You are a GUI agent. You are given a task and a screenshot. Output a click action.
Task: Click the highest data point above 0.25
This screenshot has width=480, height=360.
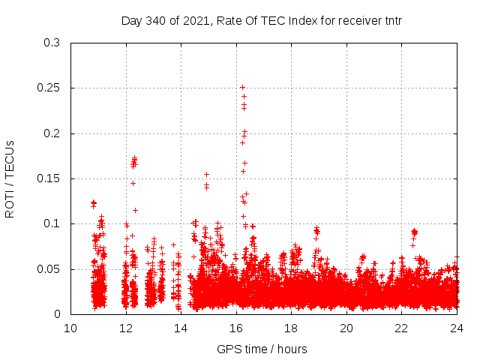pyautogui.click(x=242, y=87)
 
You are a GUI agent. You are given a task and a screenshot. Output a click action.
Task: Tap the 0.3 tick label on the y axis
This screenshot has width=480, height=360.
pyautogui.click(x=52, y=43)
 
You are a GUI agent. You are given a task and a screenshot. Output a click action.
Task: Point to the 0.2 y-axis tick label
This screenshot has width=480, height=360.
pyautogui.click(x=52, y=133)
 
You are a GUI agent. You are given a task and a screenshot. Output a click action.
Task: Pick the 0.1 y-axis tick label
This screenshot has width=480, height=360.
pyautogui.click(x=52, y=224)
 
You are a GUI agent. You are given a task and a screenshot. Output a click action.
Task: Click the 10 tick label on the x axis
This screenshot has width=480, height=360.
pyautogui.click(x=70, y=328)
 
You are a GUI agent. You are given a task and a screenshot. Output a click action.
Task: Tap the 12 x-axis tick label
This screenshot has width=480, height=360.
pyautogui.click(x=126, y=328)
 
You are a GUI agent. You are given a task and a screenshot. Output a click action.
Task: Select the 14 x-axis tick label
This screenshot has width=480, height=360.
pyautogui.click(x=181, y=328)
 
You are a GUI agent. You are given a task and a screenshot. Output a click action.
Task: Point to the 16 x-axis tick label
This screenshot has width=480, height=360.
pyautogui.click(x=236, y=328)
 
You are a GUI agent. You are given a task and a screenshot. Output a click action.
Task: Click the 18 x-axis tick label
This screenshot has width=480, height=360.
pyautogui.click(x=291, y=328)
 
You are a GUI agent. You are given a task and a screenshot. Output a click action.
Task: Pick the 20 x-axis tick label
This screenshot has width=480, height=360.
pyautogui.click(x=346, y=328)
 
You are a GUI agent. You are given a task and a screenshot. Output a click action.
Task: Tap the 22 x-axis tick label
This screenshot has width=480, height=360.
pyautogui.click(x=401, y=328)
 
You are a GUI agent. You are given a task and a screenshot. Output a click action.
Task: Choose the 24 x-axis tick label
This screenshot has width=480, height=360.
pyautogui.click(x=456, y=328)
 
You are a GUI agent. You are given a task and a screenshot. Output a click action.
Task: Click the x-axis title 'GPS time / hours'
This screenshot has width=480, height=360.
pyautogui.click(x=262, y=349)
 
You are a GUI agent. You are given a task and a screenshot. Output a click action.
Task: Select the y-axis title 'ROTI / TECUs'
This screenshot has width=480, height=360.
pyautogui.click(x=10, y=179)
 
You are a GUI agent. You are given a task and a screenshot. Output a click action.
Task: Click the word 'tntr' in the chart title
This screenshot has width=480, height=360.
pyautogui.click(x=391, y=21)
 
